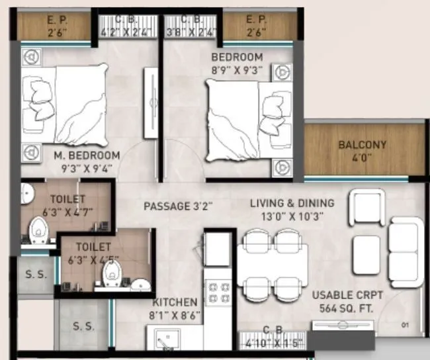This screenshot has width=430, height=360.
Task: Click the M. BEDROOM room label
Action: pyautogui.click(x=87, y=156)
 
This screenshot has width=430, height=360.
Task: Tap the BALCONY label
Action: pyautogui.click(x=362, y=145)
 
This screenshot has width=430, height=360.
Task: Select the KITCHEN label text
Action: pyautogui.click(x=175, y=302)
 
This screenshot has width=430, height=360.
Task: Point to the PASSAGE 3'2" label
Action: pyautogui.click(x=178, y=206)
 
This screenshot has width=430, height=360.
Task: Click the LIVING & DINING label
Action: pyautogui.click(x=292, y=203)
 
